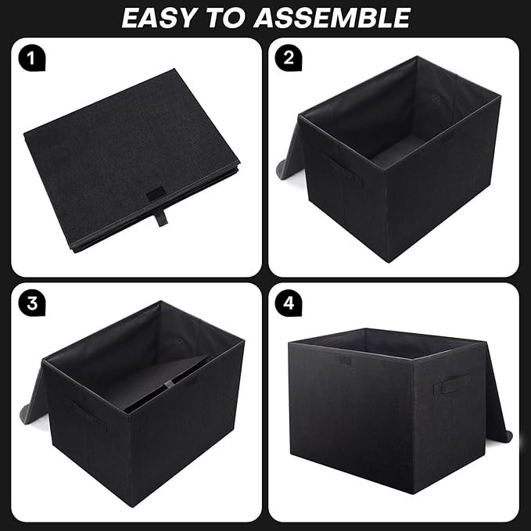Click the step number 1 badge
[33, 57]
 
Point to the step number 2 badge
[289, 57]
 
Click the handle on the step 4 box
[450, 384]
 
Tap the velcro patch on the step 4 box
[345, 361]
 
